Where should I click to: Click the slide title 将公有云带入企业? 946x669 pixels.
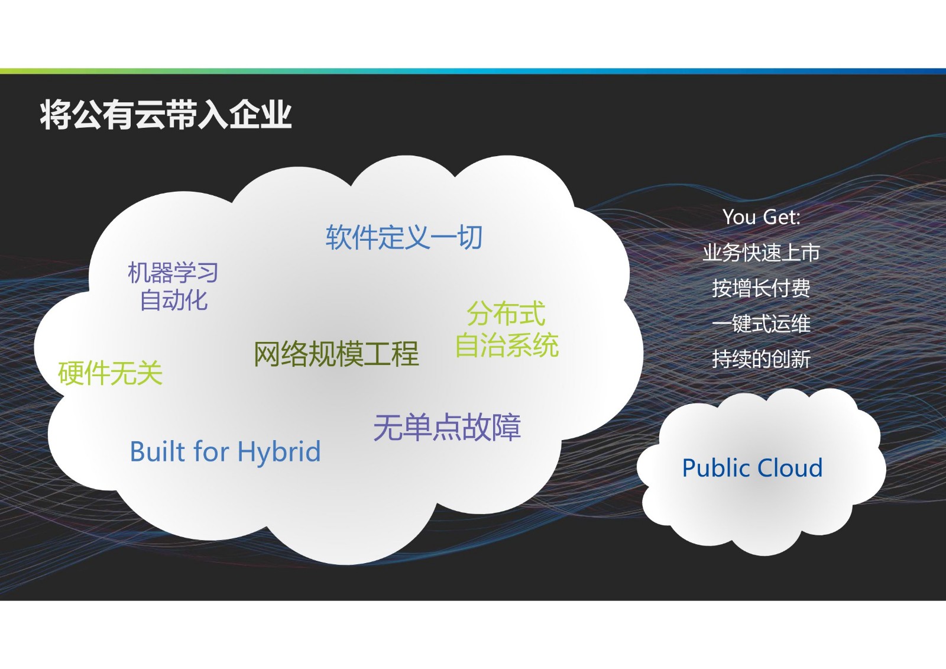(x=166, y=115)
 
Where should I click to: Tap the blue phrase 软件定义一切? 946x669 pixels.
(x=404, y=237)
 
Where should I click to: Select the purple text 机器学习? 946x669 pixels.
(x=173, y=273)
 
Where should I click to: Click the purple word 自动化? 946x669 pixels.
(x=174, y=300)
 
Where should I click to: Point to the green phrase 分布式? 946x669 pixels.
(x=506, y=314)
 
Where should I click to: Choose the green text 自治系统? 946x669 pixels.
(x=507, y=345)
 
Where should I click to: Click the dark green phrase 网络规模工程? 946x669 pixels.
(x=336, y=354)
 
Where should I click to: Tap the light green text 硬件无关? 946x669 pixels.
(x=110, y=373)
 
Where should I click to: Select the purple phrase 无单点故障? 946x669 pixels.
(x=447, y=428)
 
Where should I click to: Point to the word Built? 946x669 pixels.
(x=157, y=451)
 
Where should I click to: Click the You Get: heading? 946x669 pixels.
(x=762, y=217)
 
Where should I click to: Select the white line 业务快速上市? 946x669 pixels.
(x=762, y=253)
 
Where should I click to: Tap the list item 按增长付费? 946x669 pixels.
(x=762, y=288)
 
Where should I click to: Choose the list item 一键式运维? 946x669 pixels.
(x=762, y=324)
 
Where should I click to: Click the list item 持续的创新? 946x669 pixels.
(x=762, y=359)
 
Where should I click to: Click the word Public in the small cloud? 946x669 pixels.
(x=717, y=468)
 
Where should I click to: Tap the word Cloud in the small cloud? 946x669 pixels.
(x=790, y=468)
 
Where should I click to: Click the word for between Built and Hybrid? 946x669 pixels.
(x=210, y=451)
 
